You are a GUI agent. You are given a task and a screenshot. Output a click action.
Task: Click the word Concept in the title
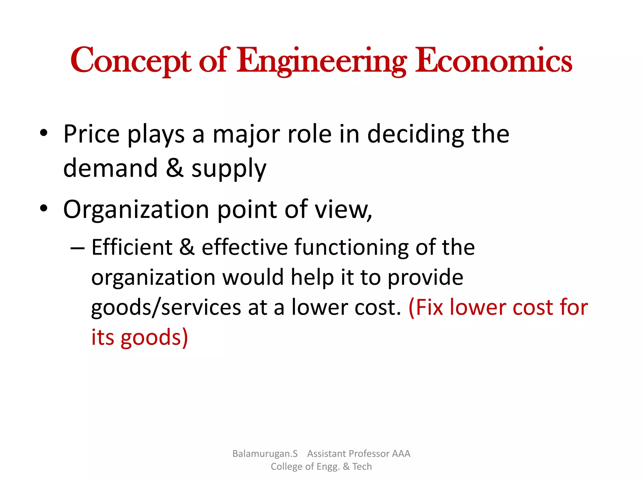coord(130,61)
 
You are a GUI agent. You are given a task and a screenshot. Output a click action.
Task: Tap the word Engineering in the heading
coord(321,61)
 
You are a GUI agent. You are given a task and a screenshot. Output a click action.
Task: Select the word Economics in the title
coord(494,61)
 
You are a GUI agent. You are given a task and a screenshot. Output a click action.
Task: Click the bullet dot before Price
coord(44,133)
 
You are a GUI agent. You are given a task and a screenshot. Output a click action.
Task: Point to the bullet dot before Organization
coord(44,208)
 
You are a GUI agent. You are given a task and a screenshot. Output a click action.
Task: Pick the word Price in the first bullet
coord(91,134)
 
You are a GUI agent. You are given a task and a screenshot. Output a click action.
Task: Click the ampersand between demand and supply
coord(175,168)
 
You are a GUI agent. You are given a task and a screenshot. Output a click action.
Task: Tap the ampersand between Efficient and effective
coord(187,247)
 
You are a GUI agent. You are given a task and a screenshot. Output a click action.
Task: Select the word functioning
coord(352,248)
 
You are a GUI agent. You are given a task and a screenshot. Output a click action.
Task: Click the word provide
coord(425,278)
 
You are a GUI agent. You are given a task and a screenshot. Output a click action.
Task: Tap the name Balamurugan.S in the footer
coord(265,453)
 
